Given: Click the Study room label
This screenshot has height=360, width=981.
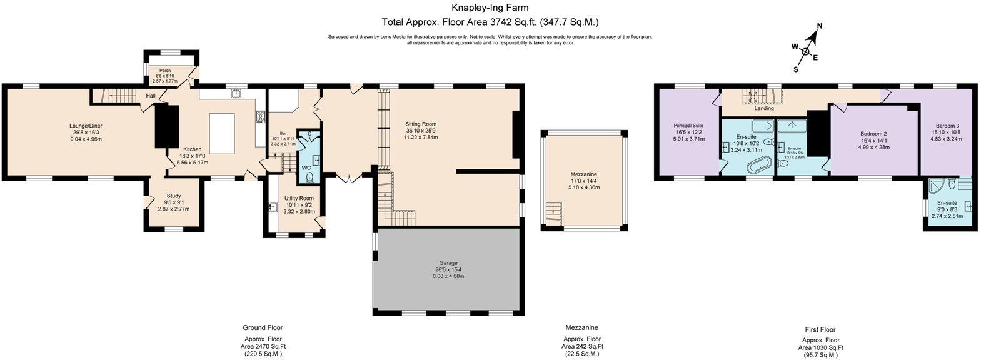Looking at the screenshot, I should point(173,196).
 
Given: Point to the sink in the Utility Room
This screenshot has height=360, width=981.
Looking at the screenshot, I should point(273,207).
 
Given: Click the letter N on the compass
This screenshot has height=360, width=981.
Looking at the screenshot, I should point(820,26).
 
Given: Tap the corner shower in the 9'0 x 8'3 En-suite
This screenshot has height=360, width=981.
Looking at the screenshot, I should point(936,186).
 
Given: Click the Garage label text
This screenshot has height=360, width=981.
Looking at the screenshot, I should point(448,263).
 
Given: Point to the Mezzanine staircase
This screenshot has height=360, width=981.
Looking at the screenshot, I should point(553,212).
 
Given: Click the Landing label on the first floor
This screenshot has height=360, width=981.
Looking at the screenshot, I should point(763,108).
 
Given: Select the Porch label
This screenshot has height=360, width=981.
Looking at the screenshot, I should point(165,71).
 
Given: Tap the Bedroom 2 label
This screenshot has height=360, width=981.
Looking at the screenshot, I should point(873,134).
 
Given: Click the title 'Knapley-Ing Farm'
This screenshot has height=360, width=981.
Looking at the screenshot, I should point(490,8).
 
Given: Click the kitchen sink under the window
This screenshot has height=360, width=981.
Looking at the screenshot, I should point(236,94).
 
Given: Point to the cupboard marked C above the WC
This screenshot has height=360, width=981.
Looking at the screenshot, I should point(309,134).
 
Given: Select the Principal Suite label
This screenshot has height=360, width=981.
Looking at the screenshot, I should point(688,125).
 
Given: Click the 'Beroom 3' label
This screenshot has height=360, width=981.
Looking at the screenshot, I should point(947,126).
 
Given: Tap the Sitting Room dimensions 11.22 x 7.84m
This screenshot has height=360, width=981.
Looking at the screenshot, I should point(420,137).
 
